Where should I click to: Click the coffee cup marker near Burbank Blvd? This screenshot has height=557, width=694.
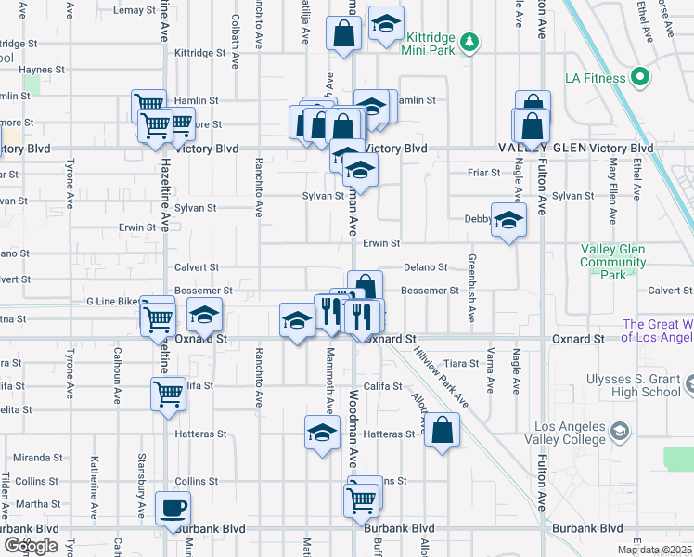tap(172, 508)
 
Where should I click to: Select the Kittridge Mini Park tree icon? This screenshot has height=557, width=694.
tap(469, 40)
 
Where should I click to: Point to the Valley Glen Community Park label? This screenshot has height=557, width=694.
tap(612, 262)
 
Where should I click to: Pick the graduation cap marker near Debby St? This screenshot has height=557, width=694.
tap(508, 220)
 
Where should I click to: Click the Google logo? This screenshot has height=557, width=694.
tap(31, 547)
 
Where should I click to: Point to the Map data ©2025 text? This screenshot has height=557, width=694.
tap(654, 550)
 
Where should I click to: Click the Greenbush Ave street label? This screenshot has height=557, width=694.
tap(472, 289)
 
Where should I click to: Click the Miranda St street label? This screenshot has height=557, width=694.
tap(37, 458)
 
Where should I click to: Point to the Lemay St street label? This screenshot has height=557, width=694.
tap(133, 10)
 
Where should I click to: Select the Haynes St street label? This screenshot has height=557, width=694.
tap(42, 70)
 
